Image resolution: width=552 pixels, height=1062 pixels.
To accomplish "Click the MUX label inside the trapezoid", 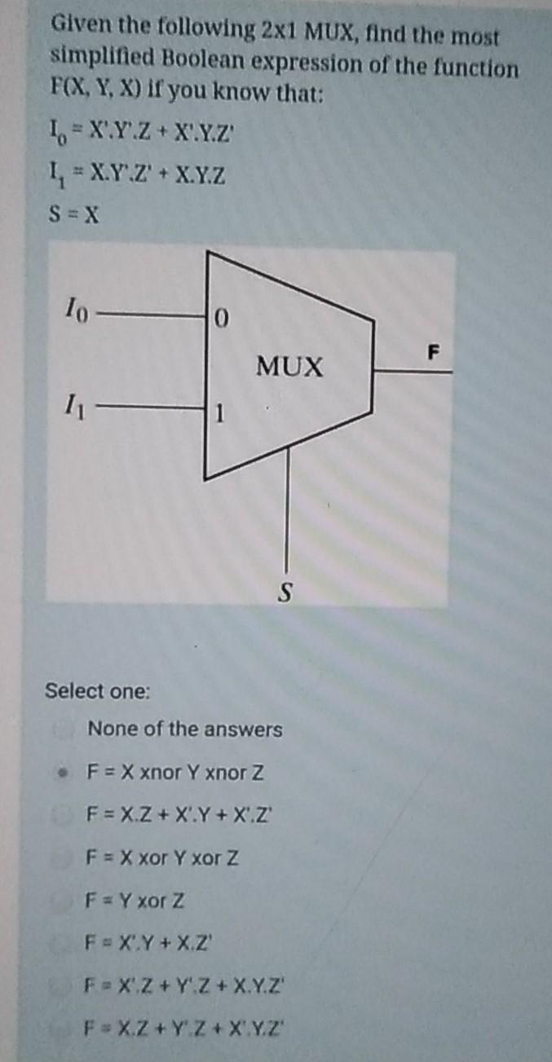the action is [x=290, y=368].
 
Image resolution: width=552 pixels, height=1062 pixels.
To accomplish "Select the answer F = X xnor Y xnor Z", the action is [x=176, y=771].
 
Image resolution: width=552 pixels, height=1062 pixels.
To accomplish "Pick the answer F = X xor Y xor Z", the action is [x=164, y=857].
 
